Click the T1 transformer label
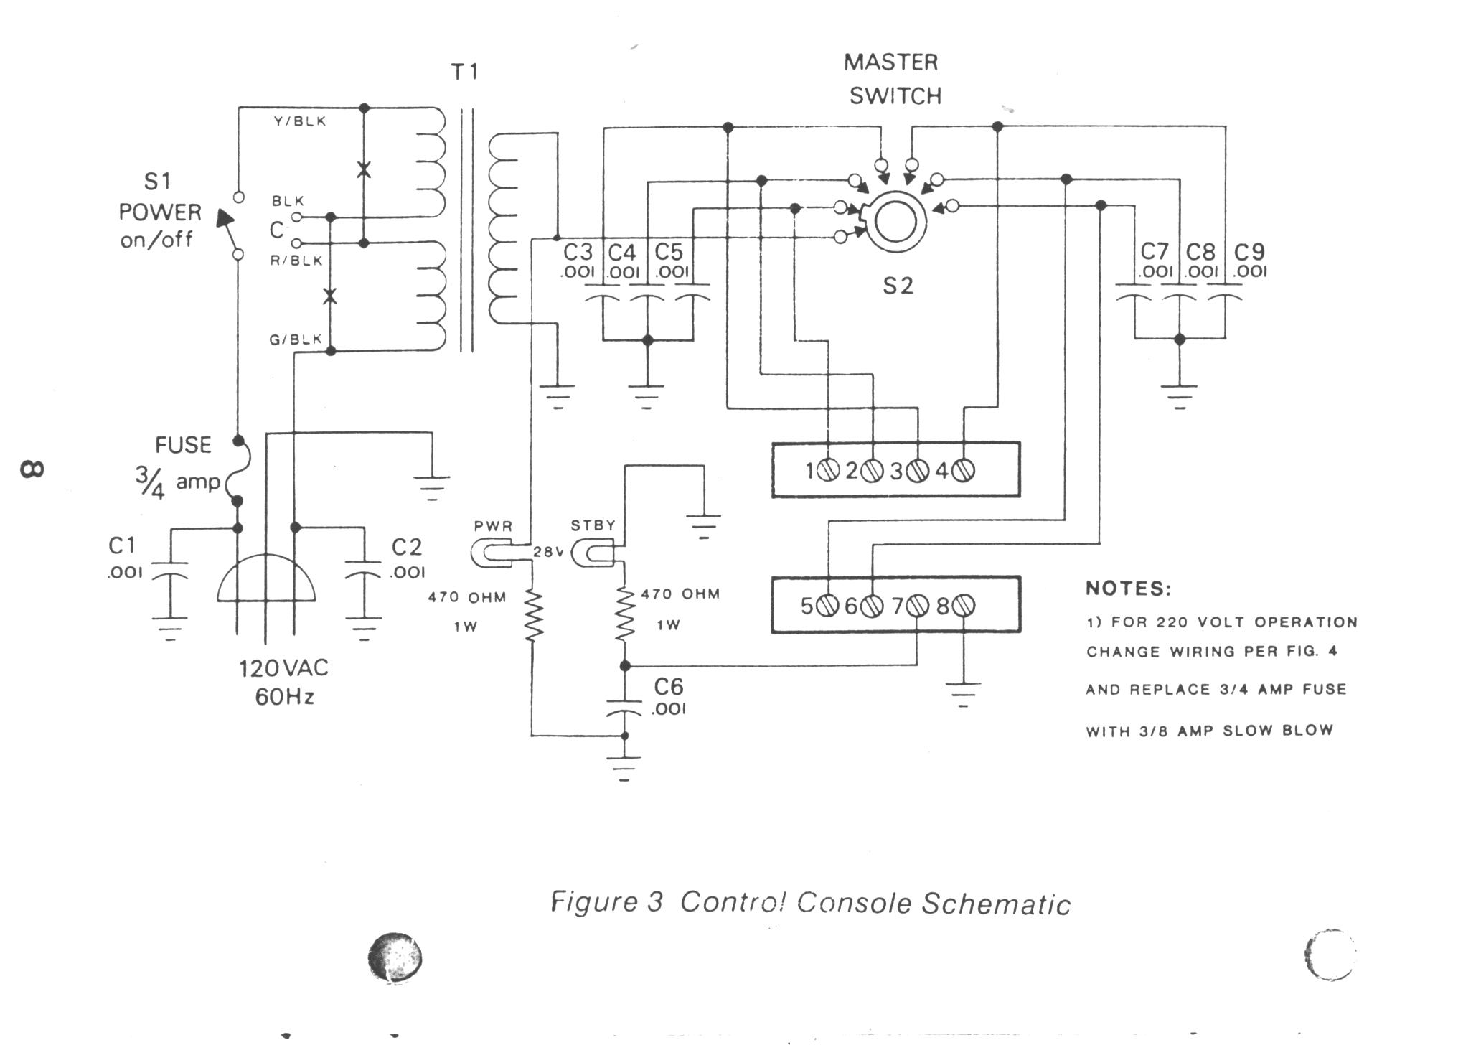(x=464, y=72)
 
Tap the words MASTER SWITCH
(x=893, y=79)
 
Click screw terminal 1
(x=828, y=471)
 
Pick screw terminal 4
(x=963, y=471)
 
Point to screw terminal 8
(x=963, y=606)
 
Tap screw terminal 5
(x=828, y=606)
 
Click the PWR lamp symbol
(x=492, y=553)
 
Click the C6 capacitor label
(x=669, y=687)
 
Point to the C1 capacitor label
(x=122, y=546)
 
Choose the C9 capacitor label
(x=1249, y=252)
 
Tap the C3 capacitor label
(x=578, y=252)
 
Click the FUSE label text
(x=184, y=445)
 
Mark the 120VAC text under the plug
(x=284, y=669)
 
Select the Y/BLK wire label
(x=300, y=121)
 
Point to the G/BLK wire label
(x=296, y=339)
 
